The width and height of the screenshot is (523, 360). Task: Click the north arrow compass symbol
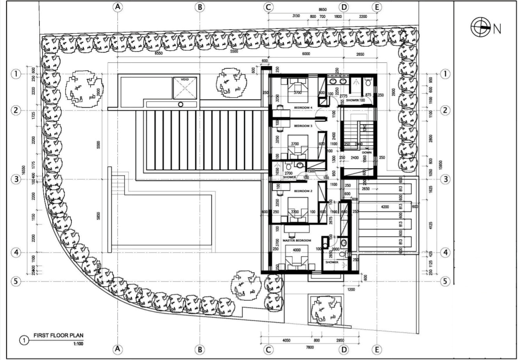tap(480, 27)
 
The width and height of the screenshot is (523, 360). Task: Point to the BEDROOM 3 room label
tap(303, 126)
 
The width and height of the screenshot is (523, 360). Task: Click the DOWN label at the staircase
tap(366, 153)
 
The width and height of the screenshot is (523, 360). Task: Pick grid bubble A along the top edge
tap(117, 7)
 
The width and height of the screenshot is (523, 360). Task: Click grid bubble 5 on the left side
tap(15, 281)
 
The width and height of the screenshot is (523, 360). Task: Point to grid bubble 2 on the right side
tap(445, 110)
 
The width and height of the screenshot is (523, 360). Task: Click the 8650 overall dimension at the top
tap(322, 9)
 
